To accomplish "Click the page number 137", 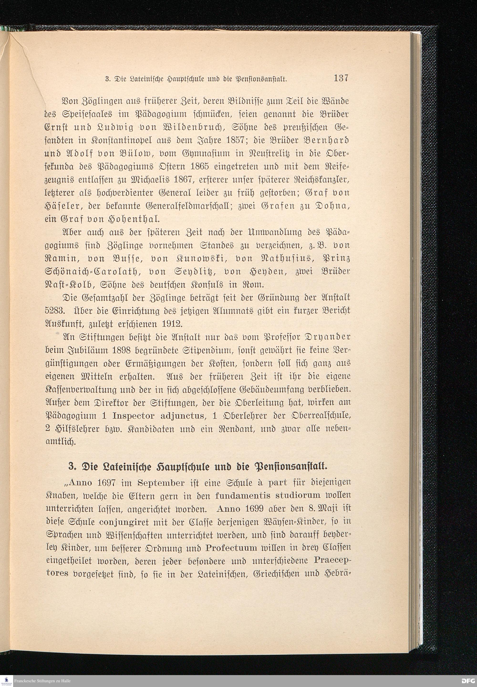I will click(341, 78).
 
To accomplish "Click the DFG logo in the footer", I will click(468, 681).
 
